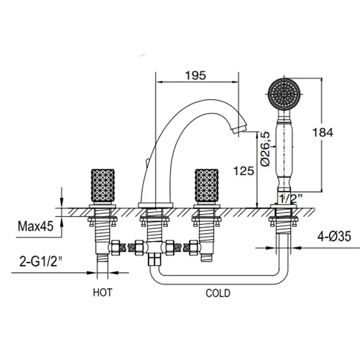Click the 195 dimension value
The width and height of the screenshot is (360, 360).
pyautogui.click(x=196, y=75)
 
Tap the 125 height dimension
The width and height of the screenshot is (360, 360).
pyautogui.click(x=243, y=170)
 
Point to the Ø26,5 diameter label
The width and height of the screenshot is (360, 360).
pyautogui.click(x=265, y=148)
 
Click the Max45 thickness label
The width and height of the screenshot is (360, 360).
pyautogui.click(x=35, y=225)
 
